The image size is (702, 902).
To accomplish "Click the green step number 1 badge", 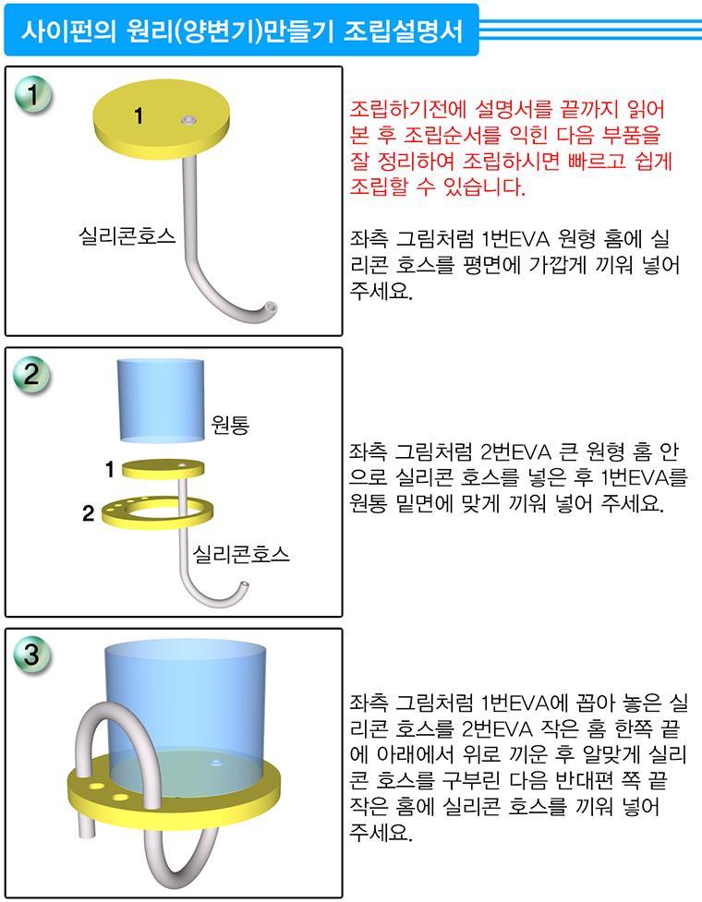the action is (33, 95).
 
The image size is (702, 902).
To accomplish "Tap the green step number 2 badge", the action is (32, 375).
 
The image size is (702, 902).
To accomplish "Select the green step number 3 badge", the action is (32, 654).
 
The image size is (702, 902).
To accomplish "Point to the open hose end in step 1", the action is (270, 307).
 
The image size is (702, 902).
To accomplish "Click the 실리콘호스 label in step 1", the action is (127, 235).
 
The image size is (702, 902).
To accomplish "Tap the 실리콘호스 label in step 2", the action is (240, 553).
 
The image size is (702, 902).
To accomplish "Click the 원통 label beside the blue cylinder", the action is (230, 425).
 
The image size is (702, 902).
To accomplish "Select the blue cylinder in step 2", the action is (161, 401).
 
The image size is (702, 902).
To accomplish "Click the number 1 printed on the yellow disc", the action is (139, 115).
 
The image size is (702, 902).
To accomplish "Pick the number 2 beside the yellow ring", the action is (88, 512).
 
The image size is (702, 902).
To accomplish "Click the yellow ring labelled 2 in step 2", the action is (157, 512).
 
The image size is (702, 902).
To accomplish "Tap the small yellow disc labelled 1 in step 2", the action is (163, 469).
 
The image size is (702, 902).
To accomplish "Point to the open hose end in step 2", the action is (244, 586).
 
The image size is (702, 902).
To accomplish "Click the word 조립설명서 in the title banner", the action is (404, 30).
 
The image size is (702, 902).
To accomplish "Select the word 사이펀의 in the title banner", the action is (68, 30).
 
